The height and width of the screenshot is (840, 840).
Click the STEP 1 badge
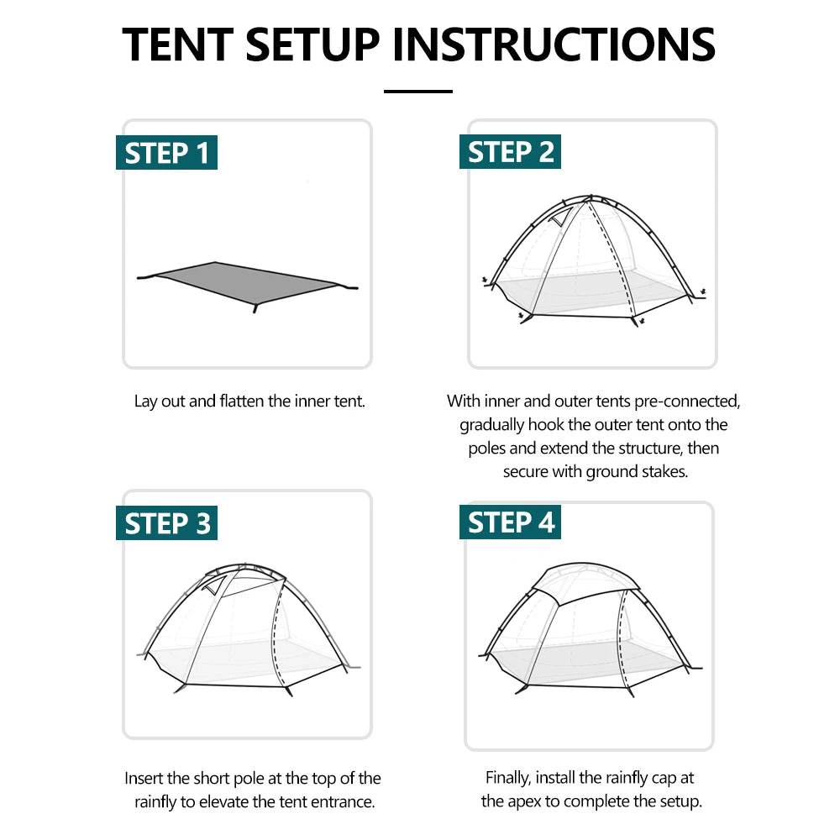coord(166,154)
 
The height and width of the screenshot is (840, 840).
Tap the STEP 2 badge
coord(510,153)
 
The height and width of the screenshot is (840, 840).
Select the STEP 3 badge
coord(166,523)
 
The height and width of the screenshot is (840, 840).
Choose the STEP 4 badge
coord(510,522)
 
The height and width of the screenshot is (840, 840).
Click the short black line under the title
coord(418,92)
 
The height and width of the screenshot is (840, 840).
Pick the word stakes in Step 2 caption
coord(665,471)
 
